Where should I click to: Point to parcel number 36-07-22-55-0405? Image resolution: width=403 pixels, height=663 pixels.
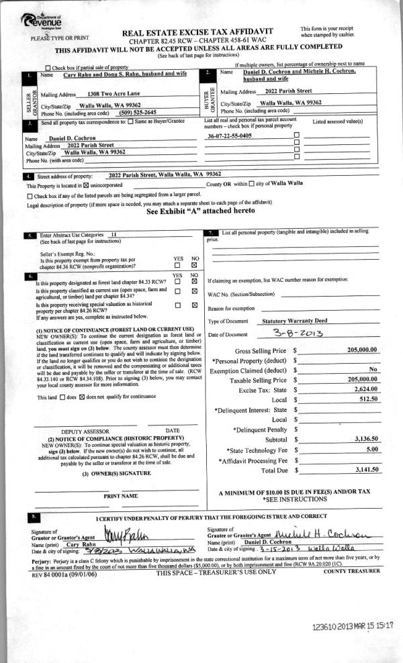[x=230, y=136]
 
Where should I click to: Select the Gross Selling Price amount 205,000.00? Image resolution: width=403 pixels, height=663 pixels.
[x=362, y=350]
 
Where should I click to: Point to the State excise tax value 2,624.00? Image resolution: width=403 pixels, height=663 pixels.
[x=367, y=389]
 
